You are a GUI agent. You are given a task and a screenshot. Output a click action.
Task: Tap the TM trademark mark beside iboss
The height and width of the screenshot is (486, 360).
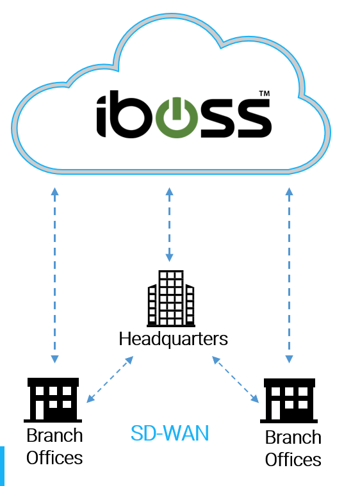[x=264, y=93]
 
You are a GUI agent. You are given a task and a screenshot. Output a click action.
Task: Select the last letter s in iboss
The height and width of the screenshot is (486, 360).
[x=255, y=118]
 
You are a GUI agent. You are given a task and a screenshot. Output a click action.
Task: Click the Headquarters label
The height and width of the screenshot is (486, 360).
[x=174, y=339]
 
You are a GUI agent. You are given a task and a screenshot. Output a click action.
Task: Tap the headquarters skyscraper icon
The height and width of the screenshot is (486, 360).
[x=171, y=298]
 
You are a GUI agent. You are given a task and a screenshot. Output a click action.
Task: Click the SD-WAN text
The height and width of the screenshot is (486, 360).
[x=170, y=433]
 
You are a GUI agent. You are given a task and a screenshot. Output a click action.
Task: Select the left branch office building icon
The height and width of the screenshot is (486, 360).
[x=53, y=400]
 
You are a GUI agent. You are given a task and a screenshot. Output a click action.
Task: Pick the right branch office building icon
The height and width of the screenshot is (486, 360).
[x=289, y=400]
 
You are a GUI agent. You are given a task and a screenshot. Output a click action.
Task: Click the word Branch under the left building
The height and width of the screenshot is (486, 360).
[x=54, y=435]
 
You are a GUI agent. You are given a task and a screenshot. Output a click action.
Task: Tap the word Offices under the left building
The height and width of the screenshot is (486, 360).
[x=54, y=458]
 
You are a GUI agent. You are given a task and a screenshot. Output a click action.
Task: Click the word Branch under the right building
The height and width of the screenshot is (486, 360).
[x=293, y=437]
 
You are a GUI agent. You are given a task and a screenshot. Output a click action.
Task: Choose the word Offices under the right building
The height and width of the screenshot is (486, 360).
[x=293, y=459]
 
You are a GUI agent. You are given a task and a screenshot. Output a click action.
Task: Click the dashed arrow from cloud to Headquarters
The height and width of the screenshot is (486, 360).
[x=169, y=225]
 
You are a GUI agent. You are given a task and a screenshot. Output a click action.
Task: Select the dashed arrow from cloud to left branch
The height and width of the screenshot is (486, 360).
[x=55, y=275]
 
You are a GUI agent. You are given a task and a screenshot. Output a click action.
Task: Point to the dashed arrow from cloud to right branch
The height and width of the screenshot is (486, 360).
[x=290, y=275]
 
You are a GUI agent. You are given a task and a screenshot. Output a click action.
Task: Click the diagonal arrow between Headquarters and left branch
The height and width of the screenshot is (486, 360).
[x=110, y=379]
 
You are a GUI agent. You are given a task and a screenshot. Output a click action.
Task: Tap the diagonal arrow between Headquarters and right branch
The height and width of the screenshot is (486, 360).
[x=235, y=379]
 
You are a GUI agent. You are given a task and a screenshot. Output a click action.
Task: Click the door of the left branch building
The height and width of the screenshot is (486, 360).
[x=40, y=410]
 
